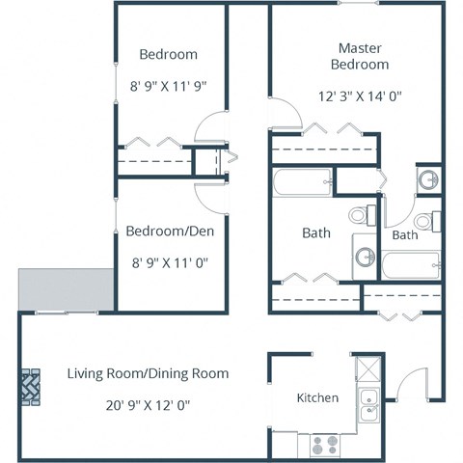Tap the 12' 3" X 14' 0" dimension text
point(359,95)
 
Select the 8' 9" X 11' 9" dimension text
point(168,86)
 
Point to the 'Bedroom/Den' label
point(168,231)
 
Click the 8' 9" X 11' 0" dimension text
point(168,260)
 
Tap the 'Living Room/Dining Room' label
point(148,372)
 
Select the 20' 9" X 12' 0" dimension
point(148,405)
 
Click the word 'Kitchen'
point(316,397)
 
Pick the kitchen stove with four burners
point(323,445)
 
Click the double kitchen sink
point(368,405)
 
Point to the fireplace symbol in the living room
point(31,388)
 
